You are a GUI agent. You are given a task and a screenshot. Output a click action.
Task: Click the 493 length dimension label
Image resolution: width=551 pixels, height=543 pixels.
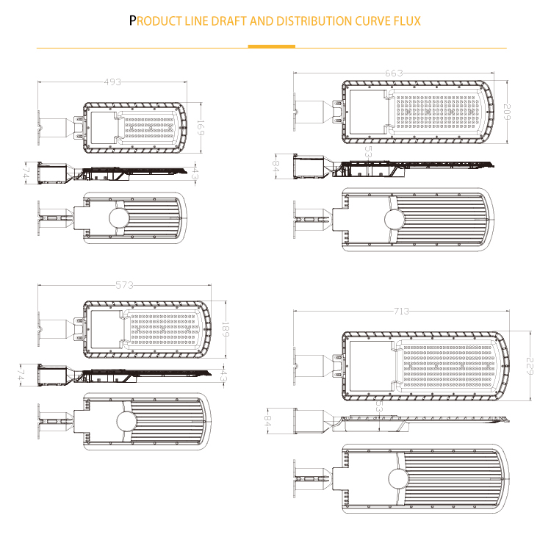tap(112, 82)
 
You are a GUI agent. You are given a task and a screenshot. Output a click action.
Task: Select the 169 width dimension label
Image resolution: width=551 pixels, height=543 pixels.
tap(201, 128)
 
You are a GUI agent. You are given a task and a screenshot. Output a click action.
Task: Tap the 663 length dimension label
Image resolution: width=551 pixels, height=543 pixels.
tap(394, 73)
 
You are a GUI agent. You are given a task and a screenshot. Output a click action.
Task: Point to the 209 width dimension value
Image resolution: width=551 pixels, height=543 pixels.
tap(507, 112)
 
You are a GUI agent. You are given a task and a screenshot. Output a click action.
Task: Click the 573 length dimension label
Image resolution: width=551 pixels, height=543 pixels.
tap(125, 285)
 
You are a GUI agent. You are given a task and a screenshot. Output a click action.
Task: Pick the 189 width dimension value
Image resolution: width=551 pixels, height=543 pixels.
tap(226, 329)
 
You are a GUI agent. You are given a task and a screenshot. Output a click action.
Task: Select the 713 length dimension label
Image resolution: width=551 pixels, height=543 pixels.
tap(401, 311)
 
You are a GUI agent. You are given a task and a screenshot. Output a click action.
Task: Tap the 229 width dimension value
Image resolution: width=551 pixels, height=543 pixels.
tap(530, 366)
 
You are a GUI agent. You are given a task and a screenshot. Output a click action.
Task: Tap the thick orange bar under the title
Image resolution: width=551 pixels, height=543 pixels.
tap(271, 46)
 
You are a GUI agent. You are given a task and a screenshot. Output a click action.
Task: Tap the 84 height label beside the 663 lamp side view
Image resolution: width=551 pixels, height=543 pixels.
tap(275, 166)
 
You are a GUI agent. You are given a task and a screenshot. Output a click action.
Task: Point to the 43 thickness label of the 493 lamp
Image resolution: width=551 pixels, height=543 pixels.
tap(195, 173)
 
